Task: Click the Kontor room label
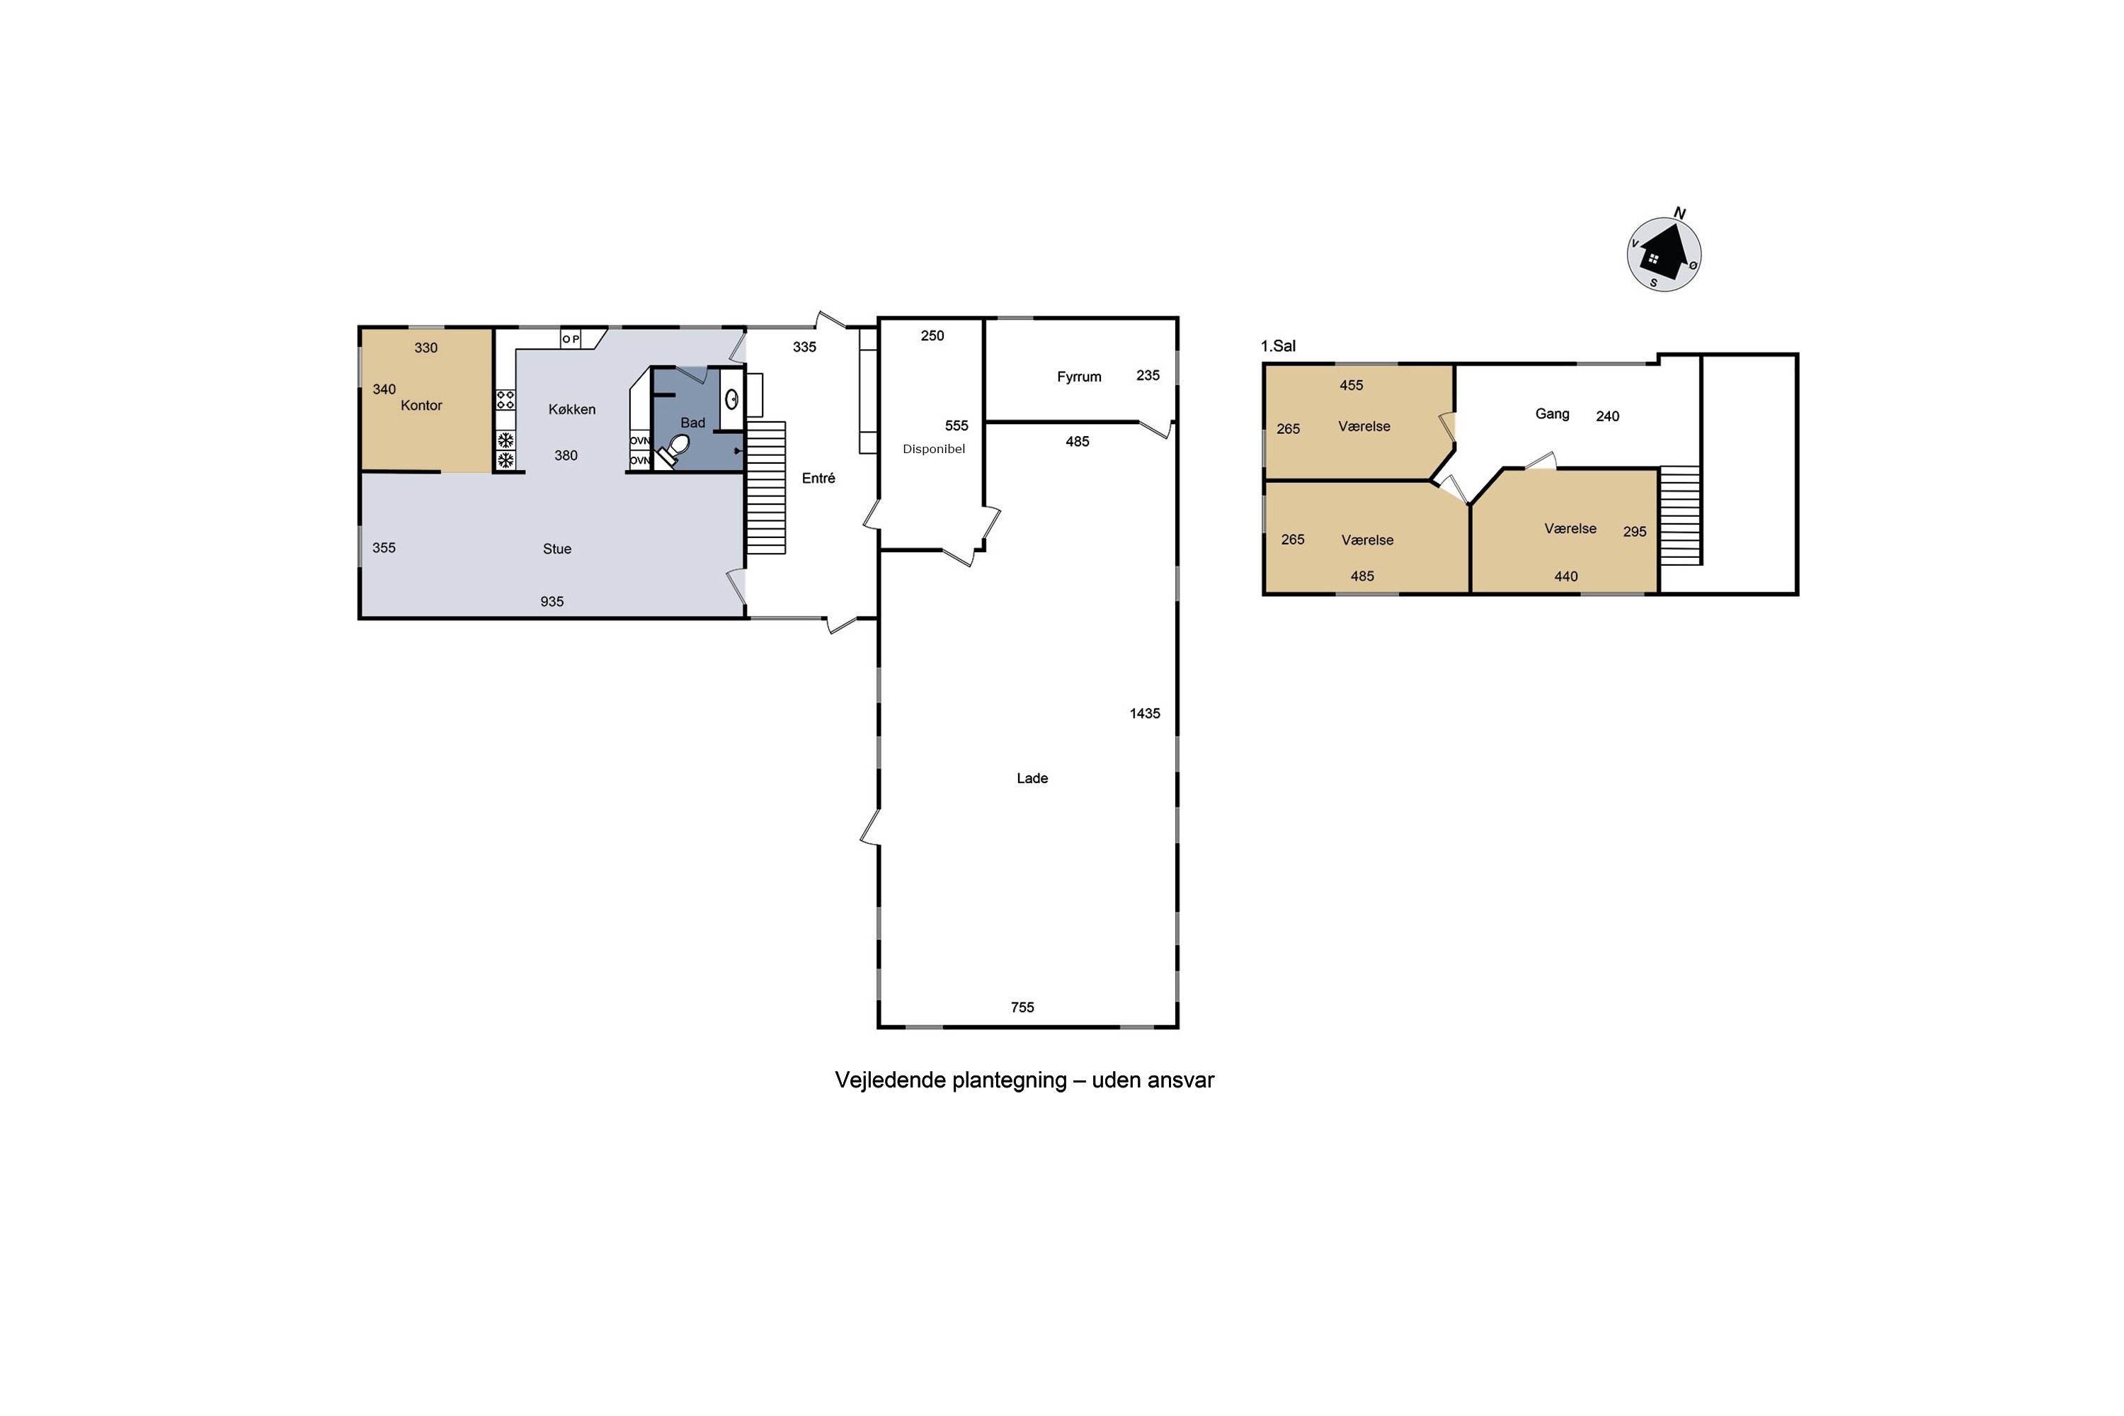[421, 406]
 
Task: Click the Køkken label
[571, 409]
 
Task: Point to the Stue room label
[557, 549]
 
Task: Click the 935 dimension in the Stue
[552, 601]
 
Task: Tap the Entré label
[818, 479]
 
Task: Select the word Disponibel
[934, 449]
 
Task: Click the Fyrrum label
[1079, 377]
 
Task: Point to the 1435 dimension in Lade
[1145, 714]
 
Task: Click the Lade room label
[1032, 778]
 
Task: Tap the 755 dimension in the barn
[1022, 1007]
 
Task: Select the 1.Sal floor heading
[1278, 346]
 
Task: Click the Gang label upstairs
[1553, 413]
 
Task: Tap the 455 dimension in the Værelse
[1351, 386]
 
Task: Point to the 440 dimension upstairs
[1566, 576]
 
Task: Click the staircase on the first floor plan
[1681, 515]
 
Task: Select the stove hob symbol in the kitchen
[506, 399]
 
